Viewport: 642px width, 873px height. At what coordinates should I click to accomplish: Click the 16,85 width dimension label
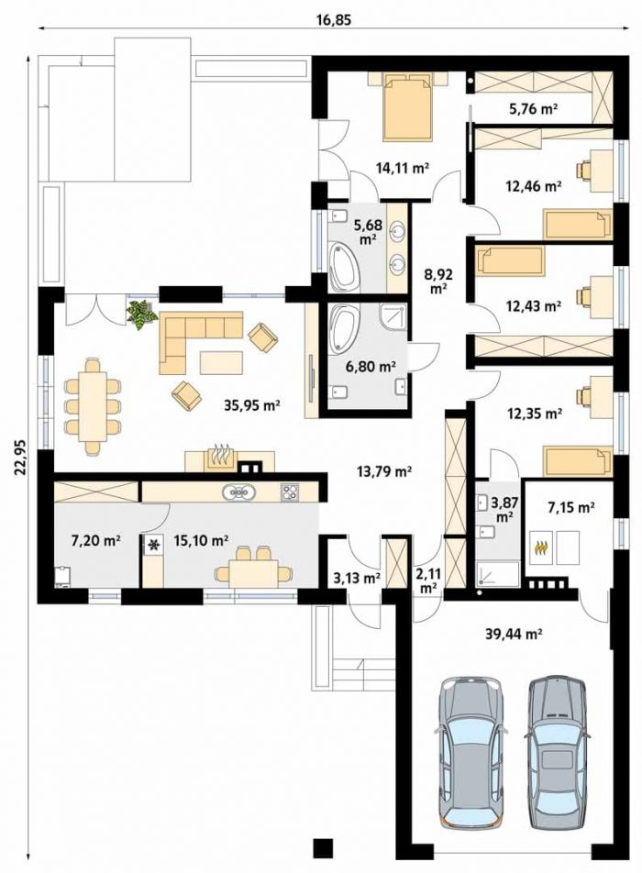point(335,20)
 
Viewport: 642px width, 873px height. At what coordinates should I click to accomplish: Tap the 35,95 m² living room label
point(251,405)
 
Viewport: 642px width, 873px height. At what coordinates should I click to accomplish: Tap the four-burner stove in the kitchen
point(290,492)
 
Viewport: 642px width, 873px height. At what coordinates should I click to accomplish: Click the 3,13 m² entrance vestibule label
point(357,579)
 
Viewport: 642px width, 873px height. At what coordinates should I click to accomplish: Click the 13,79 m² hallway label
point(383,471)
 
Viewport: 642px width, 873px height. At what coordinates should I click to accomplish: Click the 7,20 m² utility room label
point(96,539)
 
